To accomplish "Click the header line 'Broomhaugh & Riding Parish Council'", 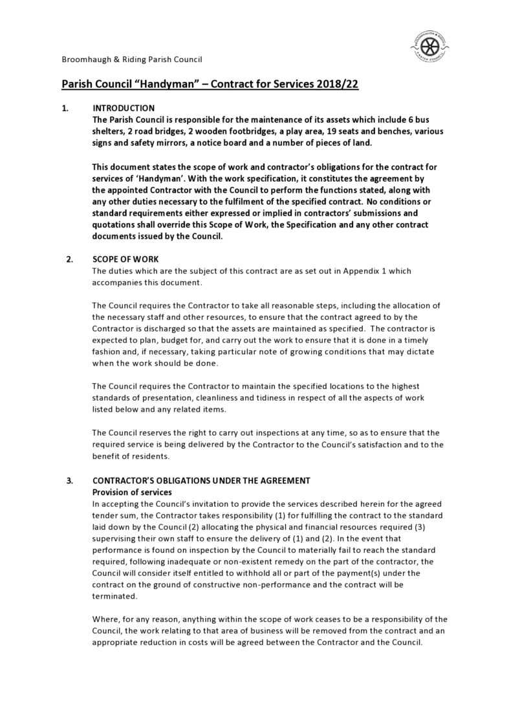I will [x=131, y=59].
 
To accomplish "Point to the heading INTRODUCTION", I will [x=124, y=108].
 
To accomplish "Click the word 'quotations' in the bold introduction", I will [x=114, y=225].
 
